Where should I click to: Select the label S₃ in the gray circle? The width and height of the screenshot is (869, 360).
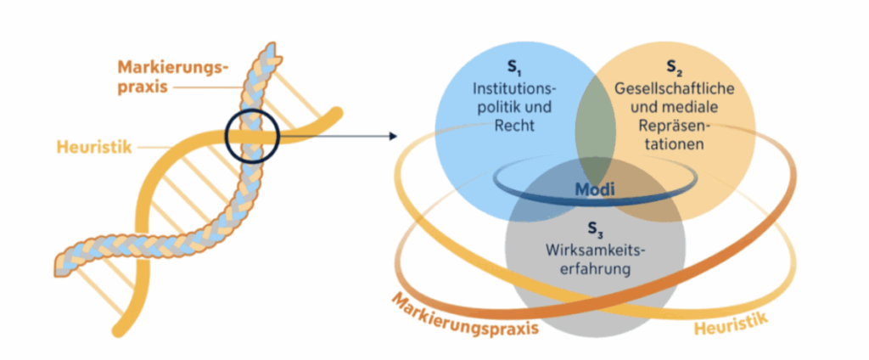pyautogui.click(x=592, y=228)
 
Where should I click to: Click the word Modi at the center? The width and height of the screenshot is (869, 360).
pyautogui.click(x=598, y=190)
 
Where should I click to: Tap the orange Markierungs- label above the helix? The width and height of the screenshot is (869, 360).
pyautogui.click(x=170, y=66)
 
